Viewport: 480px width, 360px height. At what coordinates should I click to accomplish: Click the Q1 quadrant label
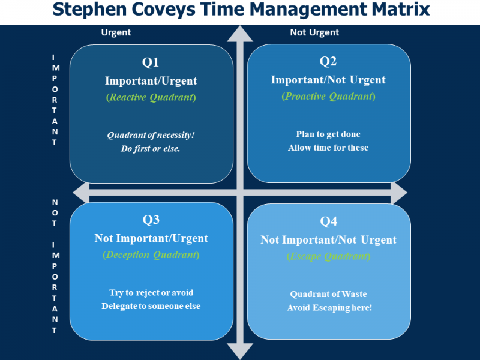click(151, 62)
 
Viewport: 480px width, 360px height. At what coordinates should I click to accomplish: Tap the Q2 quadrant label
click(328, 61)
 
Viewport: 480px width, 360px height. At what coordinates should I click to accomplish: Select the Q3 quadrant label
click(151, 220)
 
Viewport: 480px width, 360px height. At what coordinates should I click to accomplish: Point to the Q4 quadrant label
click(328, 221)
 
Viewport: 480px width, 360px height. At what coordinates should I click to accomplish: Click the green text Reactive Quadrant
click(151, 97)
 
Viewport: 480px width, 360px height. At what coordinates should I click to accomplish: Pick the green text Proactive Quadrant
click(328, 97)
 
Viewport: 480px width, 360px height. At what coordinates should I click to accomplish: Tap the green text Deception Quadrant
click(151, 255)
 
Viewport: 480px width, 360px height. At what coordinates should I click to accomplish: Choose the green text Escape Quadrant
click(328, 256)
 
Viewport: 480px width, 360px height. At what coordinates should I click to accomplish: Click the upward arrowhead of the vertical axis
click(240, 34)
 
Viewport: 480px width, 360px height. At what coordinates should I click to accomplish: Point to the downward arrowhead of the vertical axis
click(240, 351)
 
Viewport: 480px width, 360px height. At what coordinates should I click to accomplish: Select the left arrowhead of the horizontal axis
click(81, 193)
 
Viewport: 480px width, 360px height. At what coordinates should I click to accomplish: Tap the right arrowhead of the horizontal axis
click(399, 193)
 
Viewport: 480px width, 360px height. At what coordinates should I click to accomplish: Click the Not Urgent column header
click(314, 32)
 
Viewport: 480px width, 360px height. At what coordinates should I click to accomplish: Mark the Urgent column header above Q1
click(116, 32)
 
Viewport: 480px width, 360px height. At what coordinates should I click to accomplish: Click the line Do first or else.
click(151, 149)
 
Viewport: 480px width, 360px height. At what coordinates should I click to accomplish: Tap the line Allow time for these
click(328, 148)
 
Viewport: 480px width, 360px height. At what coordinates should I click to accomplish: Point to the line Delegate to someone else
click(151, 306)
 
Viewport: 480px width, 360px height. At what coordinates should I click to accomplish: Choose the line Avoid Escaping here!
click(329, 308)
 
